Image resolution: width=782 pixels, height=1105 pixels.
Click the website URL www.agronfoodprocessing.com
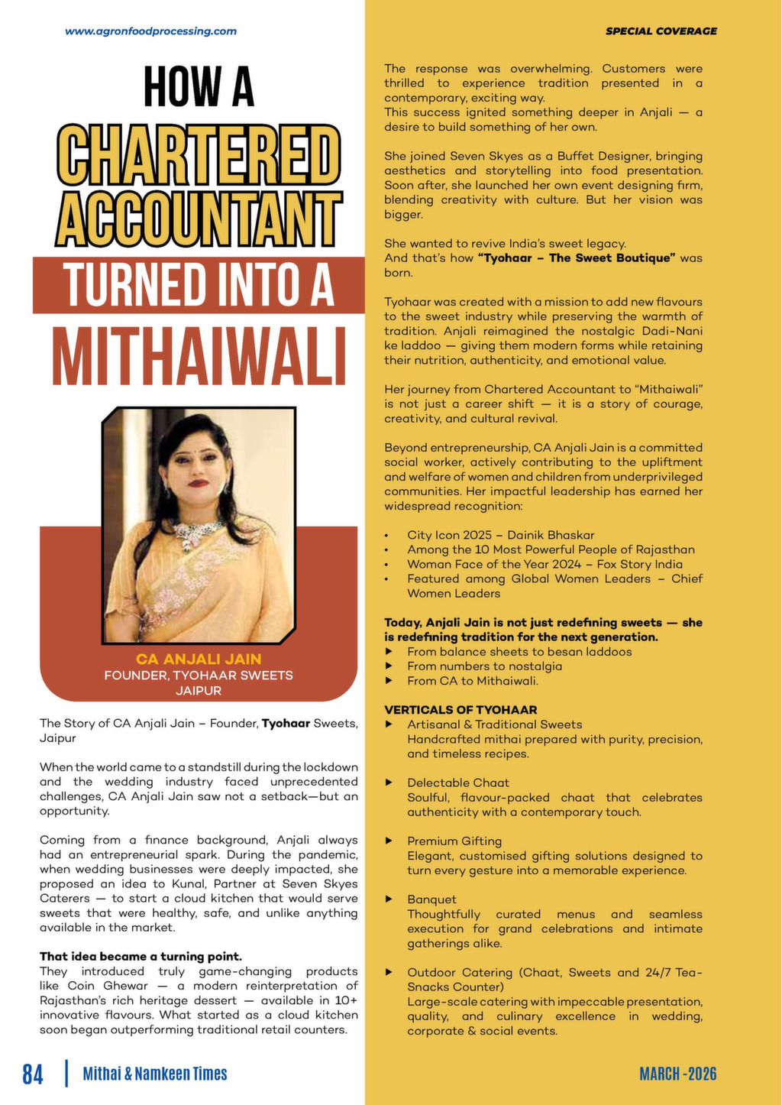(150, 31)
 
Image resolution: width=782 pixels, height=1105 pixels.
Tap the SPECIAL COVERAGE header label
(661, 31)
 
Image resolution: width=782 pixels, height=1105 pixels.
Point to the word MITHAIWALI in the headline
(199, 356)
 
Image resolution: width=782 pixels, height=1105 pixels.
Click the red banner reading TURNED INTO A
(199, 284)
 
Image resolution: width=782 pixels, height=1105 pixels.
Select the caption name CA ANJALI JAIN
(199, 659)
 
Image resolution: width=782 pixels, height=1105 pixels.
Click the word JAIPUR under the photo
(199, 691)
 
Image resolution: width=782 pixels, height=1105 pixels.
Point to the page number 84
(33, 1074)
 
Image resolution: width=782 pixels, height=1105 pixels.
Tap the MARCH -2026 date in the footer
(678, 1074)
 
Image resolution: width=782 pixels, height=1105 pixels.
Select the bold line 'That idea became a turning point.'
(141, 957)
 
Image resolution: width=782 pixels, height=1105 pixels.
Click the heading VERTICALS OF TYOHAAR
(460, 710)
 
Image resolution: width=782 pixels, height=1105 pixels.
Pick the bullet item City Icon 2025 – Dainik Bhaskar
(500, 535)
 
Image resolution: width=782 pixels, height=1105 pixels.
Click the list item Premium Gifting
(454, 841)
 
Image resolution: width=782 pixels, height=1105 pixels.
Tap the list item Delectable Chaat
(458, 783)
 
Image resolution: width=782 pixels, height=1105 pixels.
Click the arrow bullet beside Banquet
(389, 899)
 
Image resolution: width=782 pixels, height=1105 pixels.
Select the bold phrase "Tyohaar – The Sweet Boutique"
(577, 258)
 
